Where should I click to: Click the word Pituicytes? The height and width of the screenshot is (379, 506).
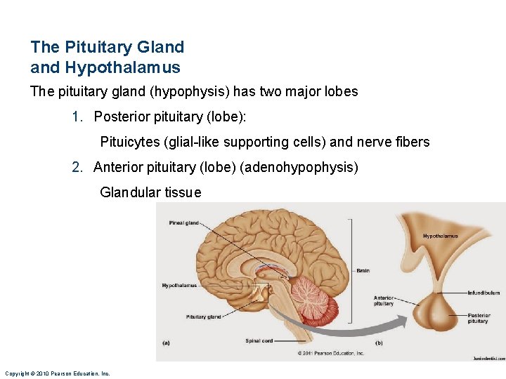129,142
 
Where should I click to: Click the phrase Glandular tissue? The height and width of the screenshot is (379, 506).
150,192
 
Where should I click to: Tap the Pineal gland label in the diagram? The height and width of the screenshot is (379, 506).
183,223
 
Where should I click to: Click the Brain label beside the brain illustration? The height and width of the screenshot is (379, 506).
363,270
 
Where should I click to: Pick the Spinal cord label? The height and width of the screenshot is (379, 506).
259,341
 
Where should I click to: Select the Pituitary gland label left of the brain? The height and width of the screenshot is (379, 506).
204,317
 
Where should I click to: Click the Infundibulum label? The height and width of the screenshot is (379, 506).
484,293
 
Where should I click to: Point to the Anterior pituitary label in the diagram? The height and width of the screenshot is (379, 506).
384,301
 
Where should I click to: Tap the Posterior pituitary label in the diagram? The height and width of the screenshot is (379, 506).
479,319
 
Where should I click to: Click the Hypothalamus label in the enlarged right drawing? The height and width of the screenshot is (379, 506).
440,236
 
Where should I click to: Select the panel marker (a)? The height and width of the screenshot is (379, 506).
166,343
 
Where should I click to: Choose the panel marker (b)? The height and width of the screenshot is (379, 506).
378,343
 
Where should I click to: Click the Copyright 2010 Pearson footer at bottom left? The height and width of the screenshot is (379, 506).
57,373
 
